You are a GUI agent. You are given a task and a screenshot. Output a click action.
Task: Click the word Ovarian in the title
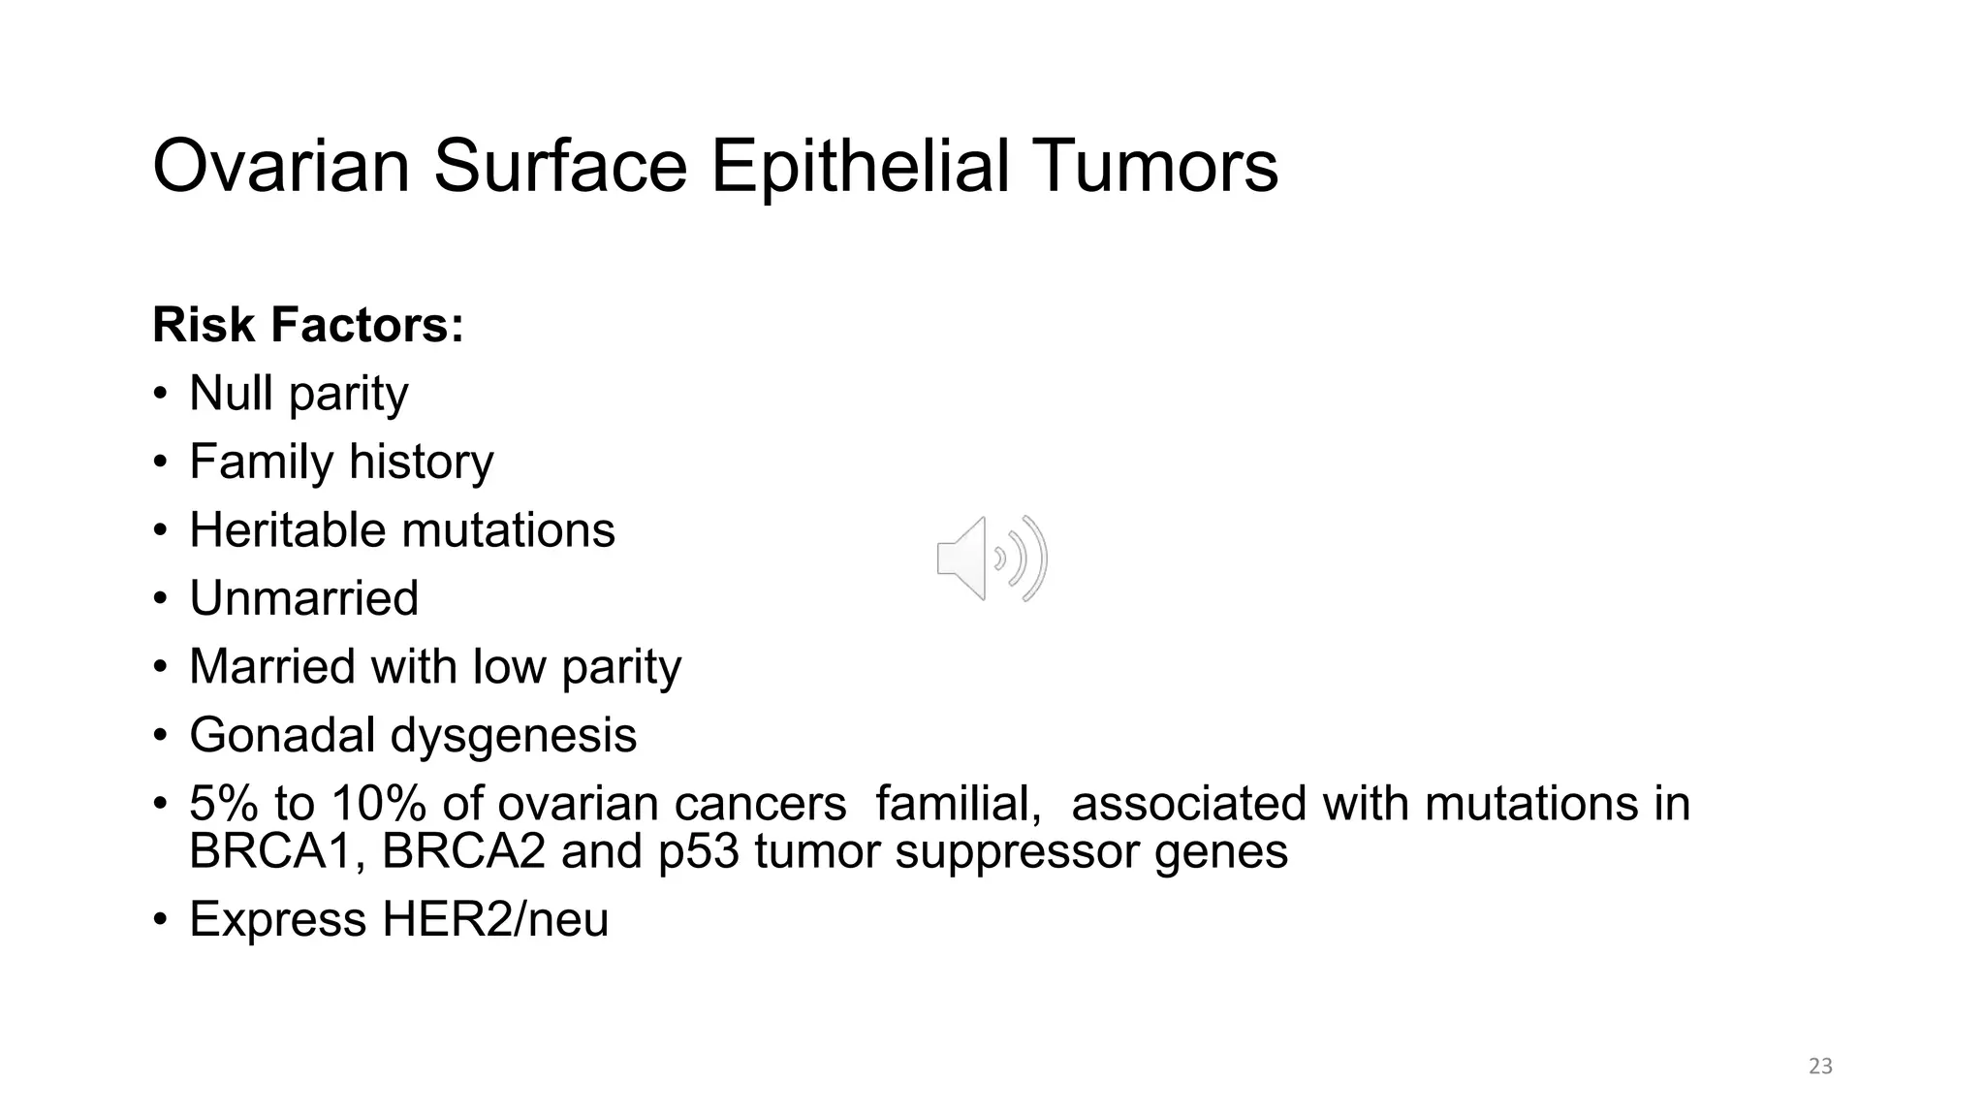281,167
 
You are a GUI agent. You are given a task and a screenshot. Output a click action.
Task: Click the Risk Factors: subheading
308,325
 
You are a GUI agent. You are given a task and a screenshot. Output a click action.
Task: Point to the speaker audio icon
992,558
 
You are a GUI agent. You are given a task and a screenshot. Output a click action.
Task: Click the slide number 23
1820,1067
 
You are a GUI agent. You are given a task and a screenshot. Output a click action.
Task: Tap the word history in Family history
421,462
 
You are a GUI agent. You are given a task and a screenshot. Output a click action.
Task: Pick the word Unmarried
304,598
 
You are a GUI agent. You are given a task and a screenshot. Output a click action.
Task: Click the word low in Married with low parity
508,667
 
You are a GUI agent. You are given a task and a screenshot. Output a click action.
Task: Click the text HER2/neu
495,919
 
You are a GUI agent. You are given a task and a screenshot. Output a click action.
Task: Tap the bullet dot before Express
161,919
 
